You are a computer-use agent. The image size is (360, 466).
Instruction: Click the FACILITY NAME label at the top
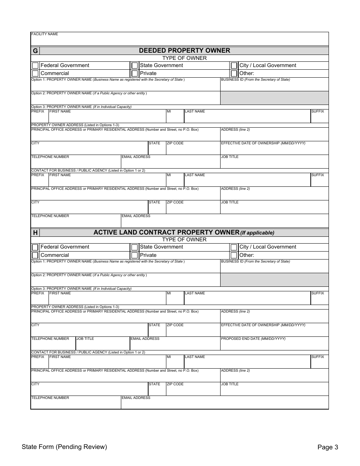pos(45,34)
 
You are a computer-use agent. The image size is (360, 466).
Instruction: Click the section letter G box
pos(35,51)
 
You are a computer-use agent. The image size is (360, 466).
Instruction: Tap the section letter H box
pos(35,233)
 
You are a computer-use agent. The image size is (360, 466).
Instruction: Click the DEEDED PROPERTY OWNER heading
pos(184,50)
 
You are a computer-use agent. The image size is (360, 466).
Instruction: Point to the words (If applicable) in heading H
pos(257,233)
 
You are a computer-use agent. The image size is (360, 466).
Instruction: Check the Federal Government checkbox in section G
pos(35,66)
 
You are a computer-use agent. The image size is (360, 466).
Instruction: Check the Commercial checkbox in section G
pos(35,73)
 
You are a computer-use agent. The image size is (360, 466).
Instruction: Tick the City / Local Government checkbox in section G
pos(234,66)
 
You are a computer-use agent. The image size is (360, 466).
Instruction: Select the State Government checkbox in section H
pos(135,247)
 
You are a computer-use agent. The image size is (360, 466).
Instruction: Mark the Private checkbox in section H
pos(135,255)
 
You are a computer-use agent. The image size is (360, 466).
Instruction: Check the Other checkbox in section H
pos(234,255)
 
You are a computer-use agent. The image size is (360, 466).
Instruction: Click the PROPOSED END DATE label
pos(253,339)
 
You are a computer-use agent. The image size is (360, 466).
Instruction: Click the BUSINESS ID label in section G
pos(255,80)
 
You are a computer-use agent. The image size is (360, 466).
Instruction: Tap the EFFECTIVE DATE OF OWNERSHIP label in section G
pos(263,143)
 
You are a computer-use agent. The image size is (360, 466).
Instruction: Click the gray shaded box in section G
pos(274,98)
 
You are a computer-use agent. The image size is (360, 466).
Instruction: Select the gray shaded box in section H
pos(274,280)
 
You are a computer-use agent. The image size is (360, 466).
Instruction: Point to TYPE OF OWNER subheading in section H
pos(184,239)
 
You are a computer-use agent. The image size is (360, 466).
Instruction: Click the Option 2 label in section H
pos(89,275)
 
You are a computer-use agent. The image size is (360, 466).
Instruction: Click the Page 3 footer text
pos(327,447)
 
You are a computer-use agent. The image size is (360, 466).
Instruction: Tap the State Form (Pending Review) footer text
pos(64,447)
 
